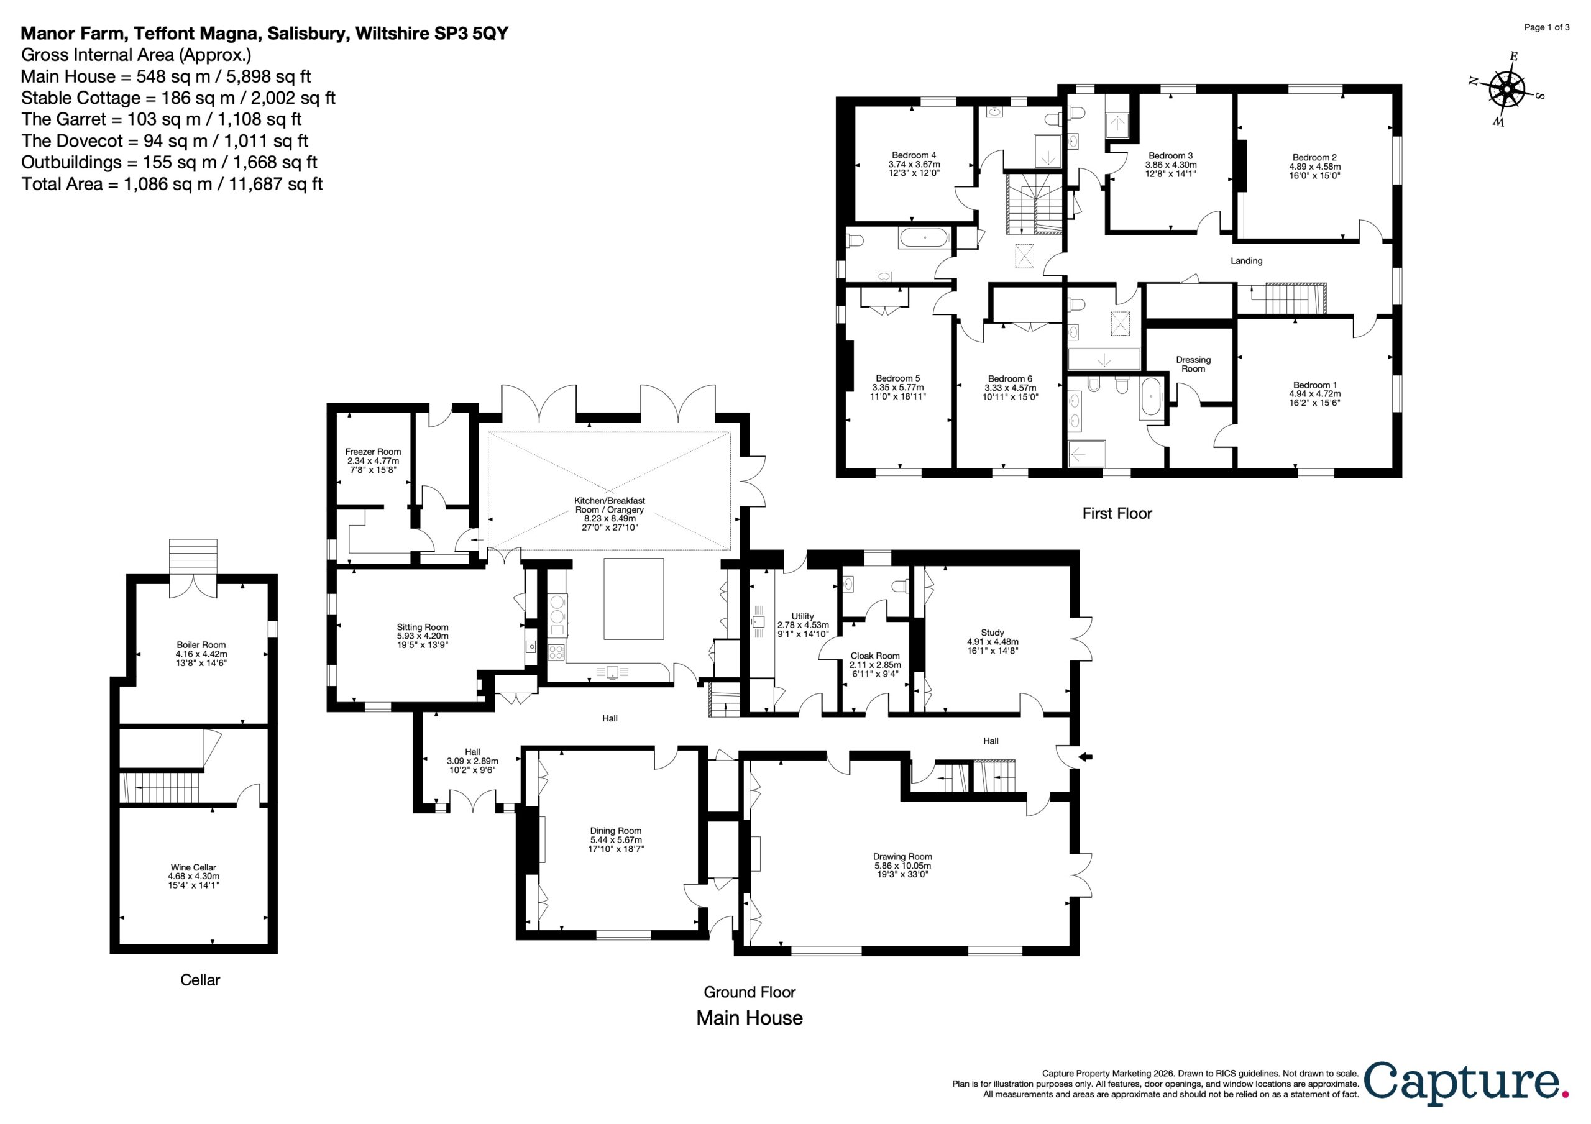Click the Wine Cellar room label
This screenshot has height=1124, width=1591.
(193, 867)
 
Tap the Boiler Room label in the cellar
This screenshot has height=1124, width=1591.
(201, 644)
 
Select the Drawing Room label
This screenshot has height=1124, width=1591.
(902, 856)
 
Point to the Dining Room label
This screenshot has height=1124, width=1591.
(615, 831)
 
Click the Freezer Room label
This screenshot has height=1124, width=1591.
(373, 452)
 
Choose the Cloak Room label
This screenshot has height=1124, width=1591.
(875, 656)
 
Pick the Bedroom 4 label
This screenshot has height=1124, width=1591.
(914, 155)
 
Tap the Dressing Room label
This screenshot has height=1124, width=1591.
(1193, 364)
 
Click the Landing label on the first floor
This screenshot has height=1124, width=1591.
(1247, 261)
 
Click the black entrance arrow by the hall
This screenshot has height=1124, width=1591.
(1085, 757)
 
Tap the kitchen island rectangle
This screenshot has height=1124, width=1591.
(633, 599)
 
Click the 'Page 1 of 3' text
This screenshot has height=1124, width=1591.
(1547, 28)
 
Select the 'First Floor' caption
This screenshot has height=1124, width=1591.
(1117, 513)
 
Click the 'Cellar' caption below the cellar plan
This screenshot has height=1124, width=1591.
(200, 980)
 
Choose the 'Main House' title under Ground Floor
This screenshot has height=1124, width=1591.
(750, 1018)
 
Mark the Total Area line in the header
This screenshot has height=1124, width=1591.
(172, 184)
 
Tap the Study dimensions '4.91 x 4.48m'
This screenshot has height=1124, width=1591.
(993, 642)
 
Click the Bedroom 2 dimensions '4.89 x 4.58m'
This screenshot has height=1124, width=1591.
(1314, 167)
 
